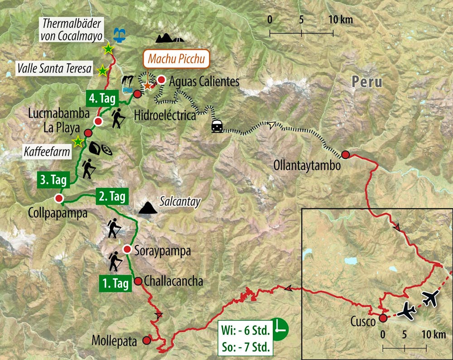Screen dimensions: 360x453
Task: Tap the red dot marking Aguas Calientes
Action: [x=161, y=80]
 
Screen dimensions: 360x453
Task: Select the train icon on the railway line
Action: [x=217, y=126]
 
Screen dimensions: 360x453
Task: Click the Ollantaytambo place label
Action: [x=307, y=166]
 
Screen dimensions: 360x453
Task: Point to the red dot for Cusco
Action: [x=383, y=318]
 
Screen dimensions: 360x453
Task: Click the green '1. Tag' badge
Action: [x=115, y=284]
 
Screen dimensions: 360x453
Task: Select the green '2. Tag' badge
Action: [x=111, y=197]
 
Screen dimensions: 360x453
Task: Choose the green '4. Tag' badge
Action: [x=101, y=98]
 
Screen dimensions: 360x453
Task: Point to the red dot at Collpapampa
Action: [x=58, y=198]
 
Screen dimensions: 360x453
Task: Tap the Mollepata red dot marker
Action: [x=146, y=340]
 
